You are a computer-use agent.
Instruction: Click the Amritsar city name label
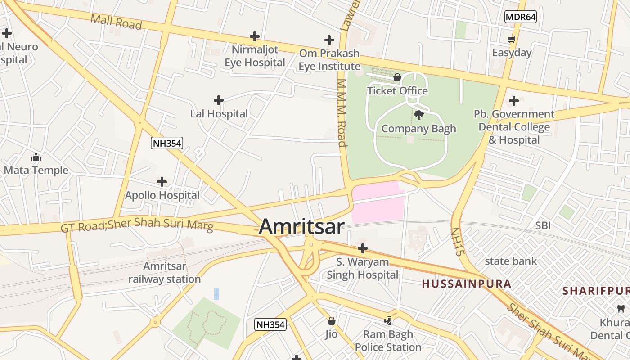pos(301,226)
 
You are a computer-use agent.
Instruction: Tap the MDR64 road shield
pos(520,17)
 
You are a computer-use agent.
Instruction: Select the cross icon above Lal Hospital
pos(219,100)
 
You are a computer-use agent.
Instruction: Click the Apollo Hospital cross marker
pos(162,182)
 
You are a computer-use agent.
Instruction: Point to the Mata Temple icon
pos(36,157)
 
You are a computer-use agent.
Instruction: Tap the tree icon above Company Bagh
pos(418,115)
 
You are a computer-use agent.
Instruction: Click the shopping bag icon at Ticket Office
pos(397,77)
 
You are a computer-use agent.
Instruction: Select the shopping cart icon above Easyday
pos(512,39)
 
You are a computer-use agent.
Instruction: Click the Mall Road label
pos(116,22)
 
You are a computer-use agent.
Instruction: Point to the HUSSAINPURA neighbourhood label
pos(467,283)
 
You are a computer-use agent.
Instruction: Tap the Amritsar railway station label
pos(165,272)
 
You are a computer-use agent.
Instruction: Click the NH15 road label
pos(457,242)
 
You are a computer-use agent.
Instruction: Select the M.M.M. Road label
pos(342,113)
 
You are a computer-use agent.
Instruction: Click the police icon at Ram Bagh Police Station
pos(388,320)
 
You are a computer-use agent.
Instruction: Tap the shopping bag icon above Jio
pos(332,321)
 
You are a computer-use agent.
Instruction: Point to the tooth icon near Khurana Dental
pos(621,309)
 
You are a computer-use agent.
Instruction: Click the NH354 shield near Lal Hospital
pos(167,143)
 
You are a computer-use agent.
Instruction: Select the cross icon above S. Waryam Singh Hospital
pos(362,248)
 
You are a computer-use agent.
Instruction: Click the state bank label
pos(511,261)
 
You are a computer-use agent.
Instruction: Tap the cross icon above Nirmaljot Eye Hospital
pos(255,36)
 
